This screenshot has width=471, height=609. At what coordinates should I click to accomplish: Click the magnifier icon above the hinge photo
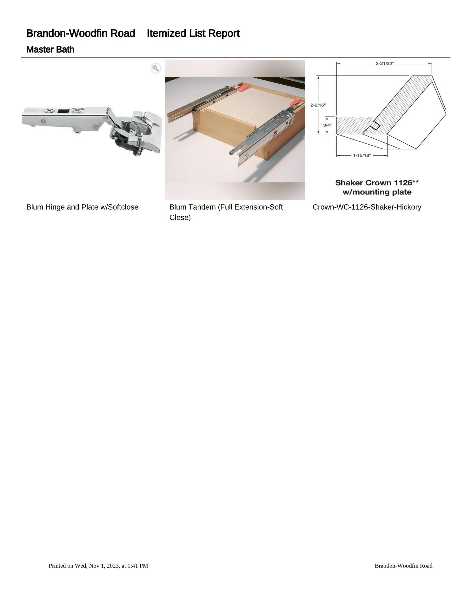(156, 68)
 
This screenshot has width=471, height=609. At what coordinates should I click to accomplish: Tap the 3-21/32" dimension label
(384, 63)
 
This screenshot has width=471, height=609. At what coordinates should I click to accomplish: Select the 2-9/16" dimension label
(318, 105)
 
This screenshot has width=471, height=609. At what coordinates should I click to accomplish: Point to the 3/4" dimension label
(327, 125)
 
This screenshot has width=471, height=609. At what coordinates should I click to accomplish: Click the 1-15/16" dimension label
(362, 155)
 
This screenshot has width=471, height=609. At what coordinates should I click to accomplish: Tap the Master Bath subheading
(50, 49)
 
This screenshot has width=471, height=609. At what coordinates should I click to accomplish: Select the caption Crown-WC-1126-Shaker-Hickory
(367, 207)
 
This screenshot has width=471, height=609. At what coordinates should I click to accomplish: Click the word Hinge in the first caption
(55, 207)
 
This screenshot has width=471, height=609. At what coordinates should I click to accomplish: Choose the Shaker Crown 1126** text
(377, 183)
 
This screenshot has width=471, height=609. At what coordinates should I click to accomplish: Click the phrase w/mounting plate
(377, 192)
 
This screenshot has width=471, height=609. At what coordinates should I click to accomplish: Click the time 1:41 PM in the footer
(137, 566)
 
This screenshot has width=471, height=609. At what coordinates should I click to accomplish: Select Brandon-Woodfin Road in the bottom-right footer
(403, 566)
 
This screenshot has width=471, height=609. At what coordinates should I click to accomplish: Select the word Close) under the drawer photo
(180, 217)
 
